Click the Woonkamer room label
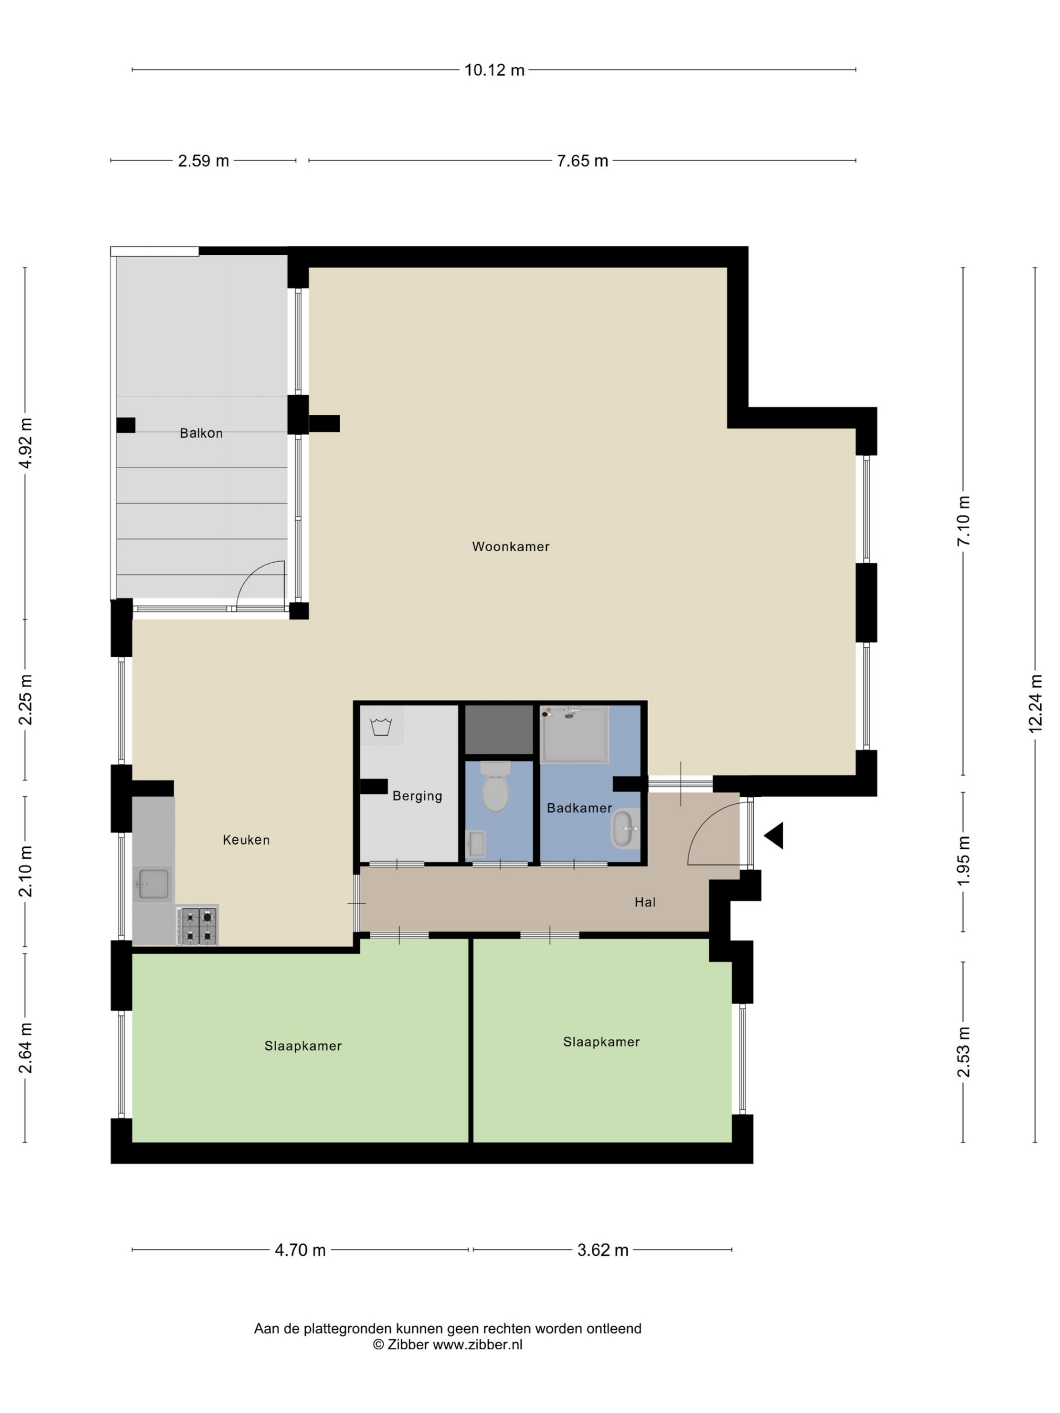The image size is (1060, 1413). (510, 546)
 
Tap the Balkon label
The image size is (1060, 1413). (201, 433)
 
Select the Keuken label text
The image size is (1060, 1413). (246, 840)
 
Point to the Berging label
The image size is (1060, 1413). (417, 796)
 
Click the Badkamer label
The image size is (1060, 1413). (579, 808)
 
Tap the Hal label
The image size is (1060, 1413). (646, 902)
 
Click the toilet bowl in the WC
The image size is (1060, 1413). (495, 786)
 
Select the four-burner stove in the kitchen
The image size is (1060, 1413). (198, 926)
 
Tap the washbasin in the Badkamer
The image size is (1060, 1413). (625, 829)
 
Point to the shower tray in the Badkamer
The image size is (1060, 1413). (575, 734)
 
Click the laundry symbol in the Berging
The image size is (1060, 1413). (381, 726)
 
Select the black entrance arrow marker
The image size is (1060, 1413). (774, 836)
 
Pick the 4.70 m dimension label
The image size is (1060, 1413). (301, 1250)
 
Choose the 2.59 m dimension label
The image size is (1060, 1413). (203, 161)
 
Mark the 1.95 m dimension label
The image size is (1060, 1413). (963, 860)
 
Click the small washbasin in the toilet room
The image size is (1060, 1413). (476, 843)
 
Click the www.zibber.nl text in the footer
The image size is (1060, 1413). (478, 1344)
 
